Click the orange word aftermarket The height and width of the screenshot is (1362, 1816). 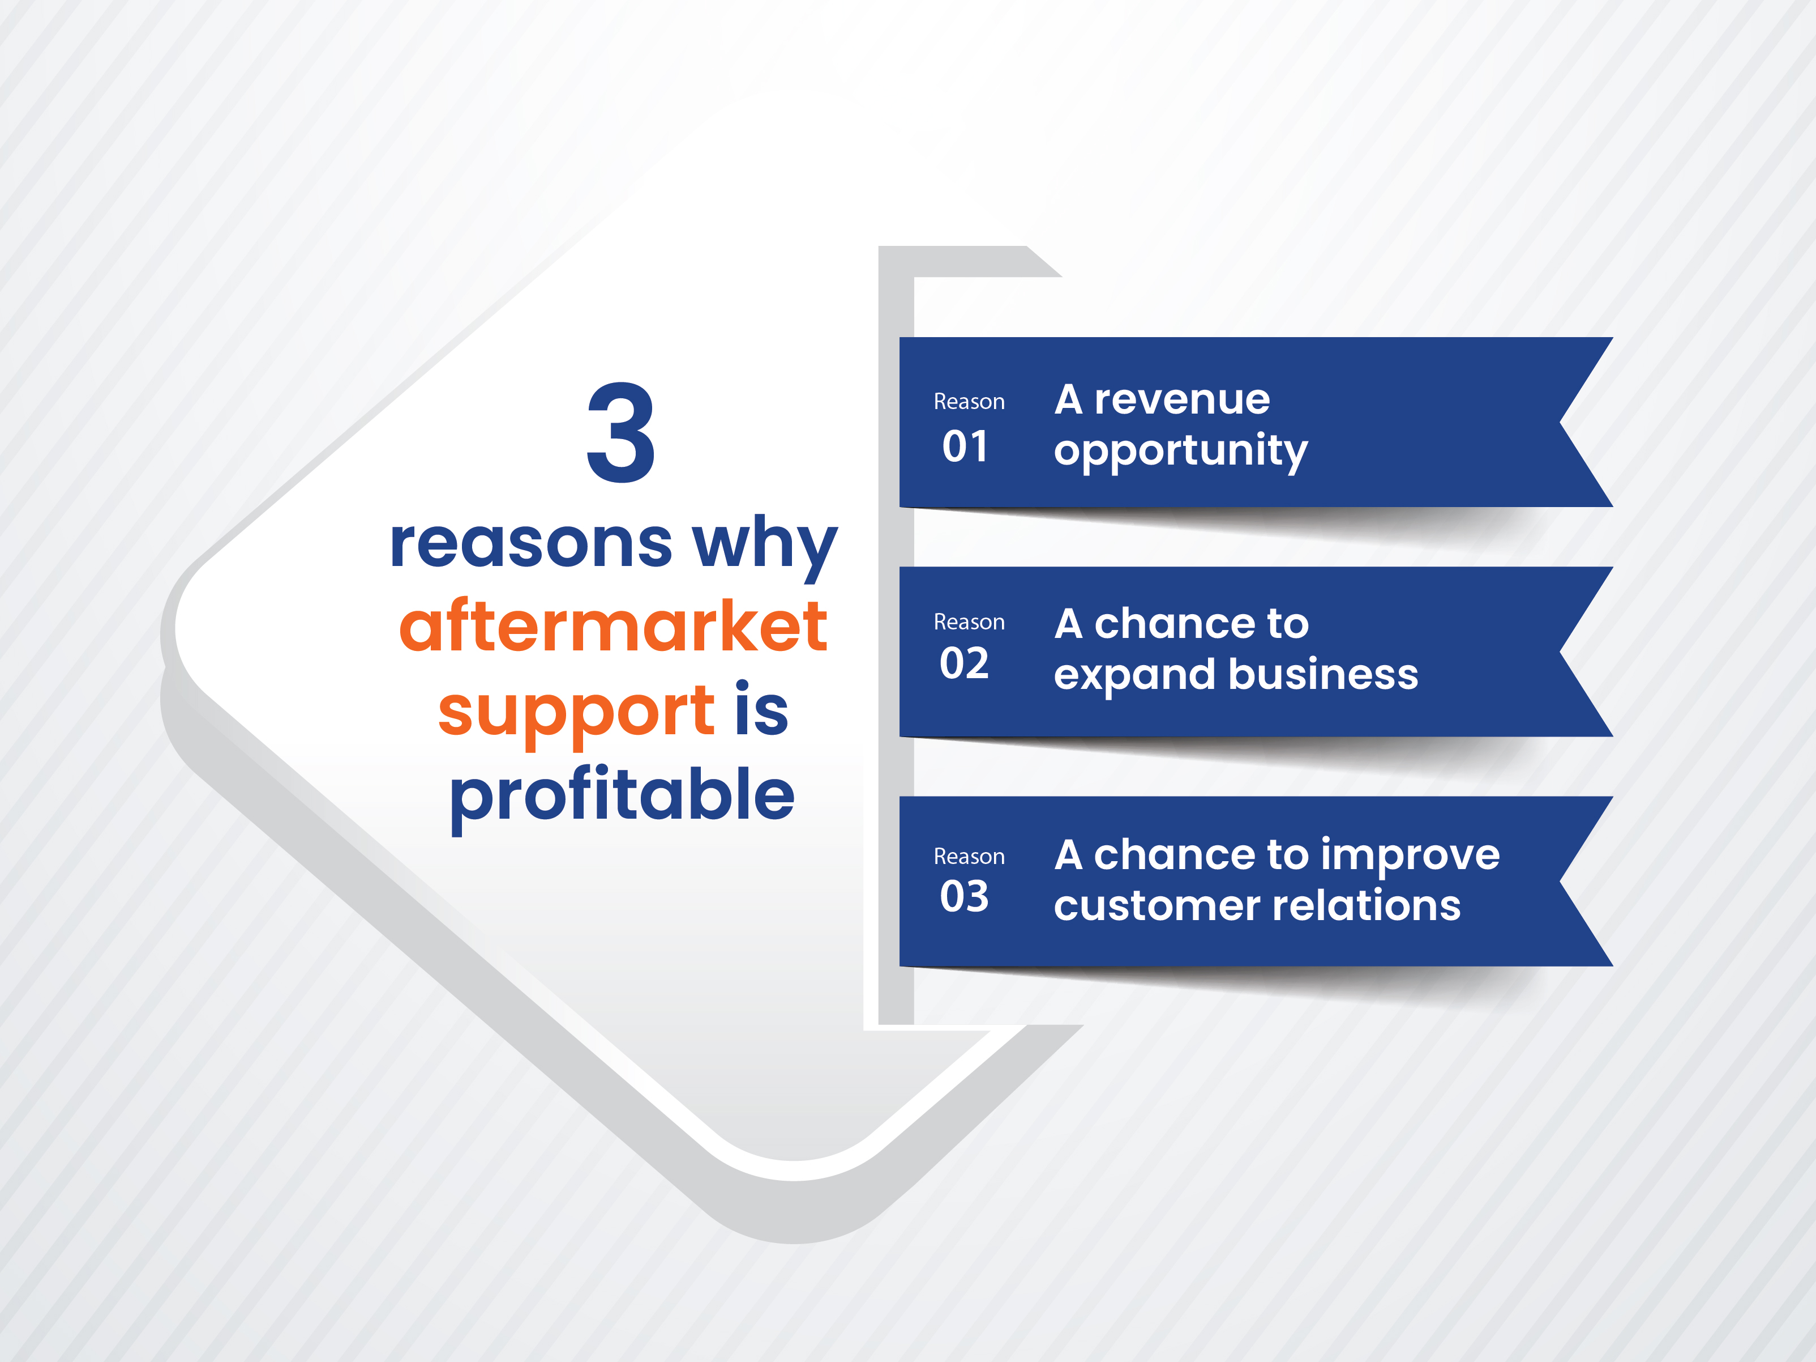point(613,626)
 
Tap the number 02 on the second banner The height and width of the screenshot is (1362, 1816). point(965,664)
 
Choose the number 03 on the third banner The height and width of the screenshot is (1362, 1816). point(965,896)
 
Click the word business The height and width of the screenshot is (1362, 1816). point(1324,674)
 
